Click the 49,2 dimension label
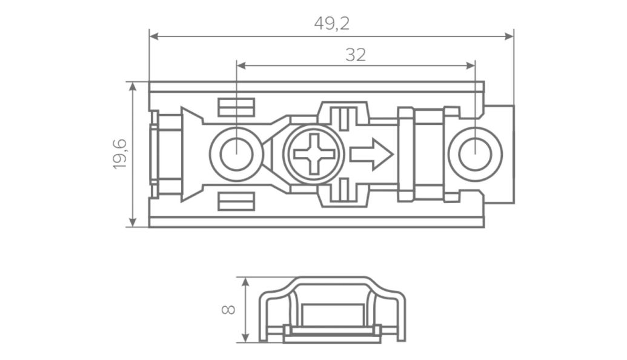coord(332,24)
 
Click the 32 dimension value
coord(356,55)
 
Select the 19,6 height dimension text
coord(120,155)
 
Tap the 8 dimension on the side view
coord(229,309)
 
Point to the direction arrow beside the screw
coord(371,154)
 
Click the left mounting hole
coord(236,154)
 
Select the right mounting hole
coord(475,154)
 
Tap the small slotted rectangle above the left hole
coord(236,107)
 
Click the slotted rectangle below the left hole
coord(236,201)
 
